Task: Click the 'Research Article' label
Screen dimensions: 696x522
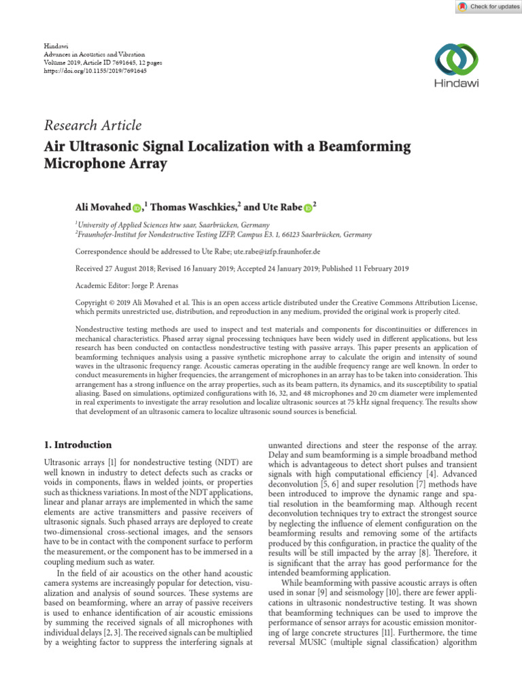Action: click(x=93, y=125)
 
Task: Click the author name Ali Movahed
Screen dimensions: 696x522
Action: click(x=102, y=207)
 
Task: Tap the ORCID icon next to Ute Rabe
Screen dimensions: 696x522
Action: click(x=307, y=207)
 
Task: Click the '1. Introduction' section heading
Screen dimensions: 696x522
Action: click(x=77, y=445)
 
